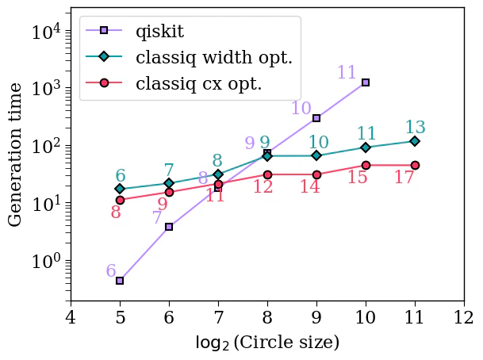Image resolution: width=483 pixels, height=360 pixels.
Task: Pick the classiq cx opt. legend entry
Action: pos(198,83)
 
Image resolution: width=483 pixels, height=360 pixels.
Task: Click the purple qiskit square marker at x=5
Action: pos(120,281)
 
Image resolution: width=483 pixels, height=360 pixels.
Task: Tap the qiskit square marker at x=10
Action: pos(366,82)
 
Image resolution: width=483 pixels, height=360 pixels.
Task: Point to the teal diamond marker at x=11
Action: pos(415,141)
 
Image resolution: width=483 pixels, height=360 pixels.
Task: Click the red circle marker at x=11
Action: pos(415,165)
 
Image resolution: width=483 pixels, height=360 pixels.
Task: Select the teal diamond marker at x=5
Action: pos(120,189)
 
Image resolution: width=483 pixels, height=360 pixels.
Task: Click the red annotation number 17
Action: pos(404,178)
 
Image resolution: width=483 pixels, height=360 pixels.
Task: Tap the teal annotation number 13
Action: pos(415,128)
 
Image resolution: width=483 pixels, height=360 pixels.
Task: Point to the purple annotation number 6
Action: pos(110,271)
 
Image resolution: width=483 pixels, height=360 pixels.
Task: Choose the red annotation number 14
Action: pos(310,187)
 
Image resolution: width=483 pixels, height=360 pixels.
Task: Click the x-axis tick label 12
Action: pos(464,318)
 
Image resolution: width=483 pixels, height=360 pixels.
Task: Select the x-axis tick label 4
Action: pos(71,318)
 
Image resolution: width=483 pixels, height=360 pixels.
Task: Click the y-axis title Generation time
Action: pos(16,154)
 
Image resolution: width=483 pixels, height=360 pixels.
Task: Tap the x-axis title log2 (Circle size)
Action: pos(267,343)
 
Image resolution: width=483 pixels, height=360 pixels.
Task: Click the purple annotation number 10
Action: pos(301,109)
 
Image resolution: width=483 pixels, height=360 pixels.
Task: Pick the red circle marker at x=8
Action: pos(267,174)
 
